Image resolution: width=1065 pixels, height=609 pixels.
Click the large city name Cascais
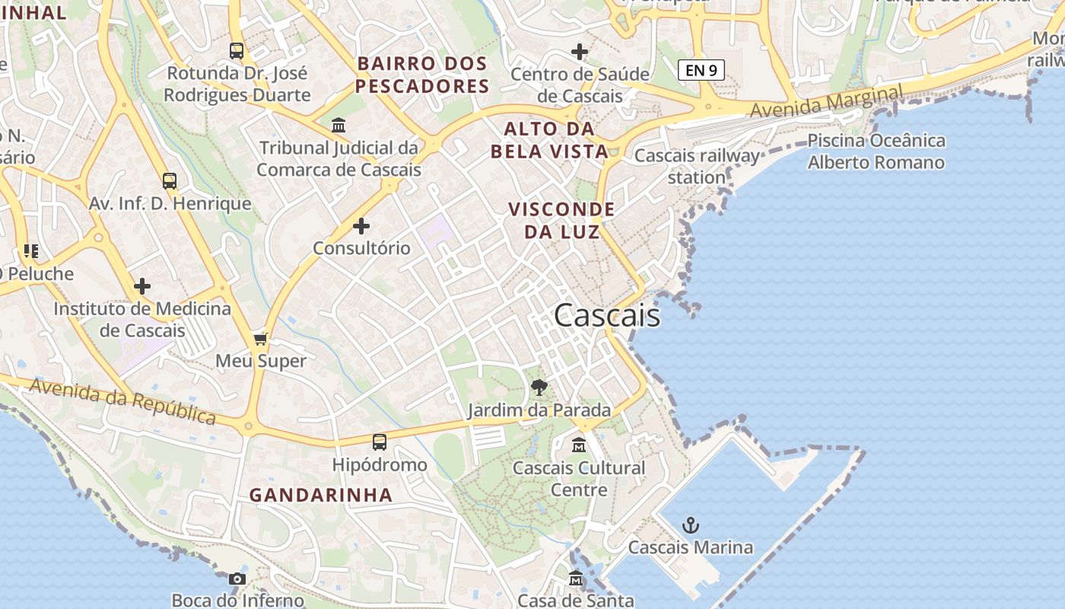607,315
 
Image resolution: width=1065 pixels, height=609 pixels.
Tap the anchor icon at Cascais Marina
690,525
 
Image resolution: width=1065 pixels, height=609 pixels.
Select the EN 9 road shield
701,71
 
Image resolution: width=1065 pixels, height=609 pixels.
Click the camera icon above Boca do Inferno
237,579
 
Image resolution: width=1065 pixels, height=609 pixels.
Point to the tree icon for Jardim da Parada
539,387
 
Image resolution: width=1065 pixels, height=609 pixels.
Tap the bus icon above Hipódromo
379,442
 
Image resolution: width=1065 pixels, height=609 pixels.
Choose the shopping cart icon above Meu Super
261,340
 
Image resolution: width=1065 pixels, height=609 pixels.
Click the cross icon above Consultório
361,226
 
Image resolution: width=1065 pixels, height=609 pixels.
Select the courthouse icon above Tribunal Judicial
339,125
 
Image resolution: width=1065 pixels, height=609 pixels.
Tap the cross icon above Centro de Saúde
580,52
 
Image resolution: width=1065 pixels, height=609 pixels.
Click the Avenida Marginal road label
826,101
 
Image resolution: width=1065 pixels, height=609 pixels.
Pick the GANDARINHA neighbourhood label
321,495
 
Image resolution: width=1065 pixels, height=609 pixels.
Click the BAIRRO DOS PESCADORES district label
422,75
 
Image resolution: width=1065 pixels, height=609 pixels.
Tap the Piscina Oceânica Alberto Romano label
876,151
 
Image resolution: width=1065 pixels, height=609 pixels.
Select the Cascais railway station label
697,167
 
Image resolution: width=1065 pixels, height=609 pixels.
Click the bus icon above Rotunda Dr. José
237,51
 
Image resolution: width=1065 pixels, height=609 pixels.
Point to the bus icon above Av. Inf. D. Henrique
170,181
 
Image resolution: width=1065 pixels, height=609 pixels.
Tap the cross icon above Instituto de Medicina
142,286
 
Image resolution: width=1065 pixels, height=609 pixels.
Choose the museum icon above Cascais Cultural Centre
579,445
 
